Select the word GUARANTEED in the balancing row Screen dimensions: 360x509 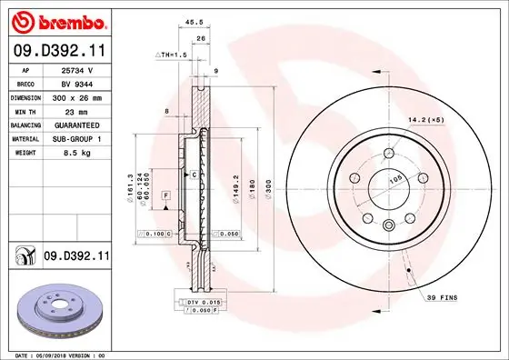(77, 122)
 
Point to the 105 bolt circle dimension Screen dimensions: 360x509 (396, 181)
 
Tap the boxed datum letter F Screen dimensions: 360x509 (166, 195)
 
